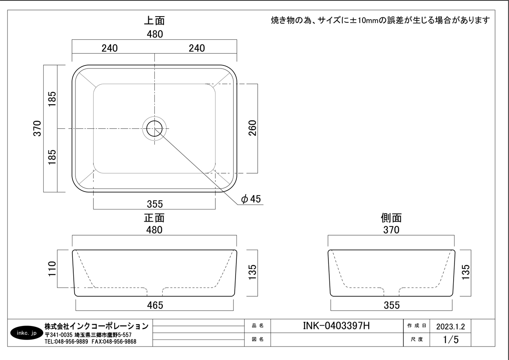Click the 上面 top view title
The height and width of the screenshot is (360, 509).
[154, 21]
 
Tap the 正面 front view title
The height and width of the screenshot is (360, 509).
[154, 217]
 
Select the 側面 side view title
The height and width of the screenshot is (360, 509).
[391, 217]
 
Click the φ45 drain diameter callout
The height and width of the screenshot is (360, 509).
[251, 199]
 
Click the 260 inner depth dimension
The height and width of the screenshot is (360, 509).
[253, 128]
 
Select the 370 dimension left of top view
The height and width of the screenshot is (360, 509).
[38, 128]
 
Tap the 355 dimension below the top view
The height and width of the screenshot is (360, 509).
[154, 204]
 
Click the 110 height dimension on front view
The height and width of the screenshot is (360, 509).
[52, 269]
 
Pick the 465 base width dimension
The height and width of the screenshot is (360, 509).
[155, 305]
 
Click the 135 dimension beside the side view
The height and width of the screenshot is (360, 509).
[465, 272]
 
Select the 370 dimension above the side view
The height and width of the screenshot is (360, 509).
[391, 230]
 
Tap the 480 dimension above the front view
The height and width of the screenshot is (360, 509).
[154, 230]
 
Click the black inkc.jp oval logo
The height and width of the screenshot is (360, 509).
[27, 333]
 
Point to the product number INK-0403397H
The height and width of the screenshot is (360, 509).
[336, 326]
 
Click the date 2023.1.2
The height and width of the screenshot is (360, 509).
[451, 326]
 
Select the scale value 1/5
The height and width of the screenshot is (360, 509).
[451, 339]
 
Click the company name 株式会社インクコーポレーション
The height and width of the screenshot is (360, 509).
[96, 326]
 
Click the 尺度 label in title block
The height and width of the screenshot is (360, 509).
[417, 339]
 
